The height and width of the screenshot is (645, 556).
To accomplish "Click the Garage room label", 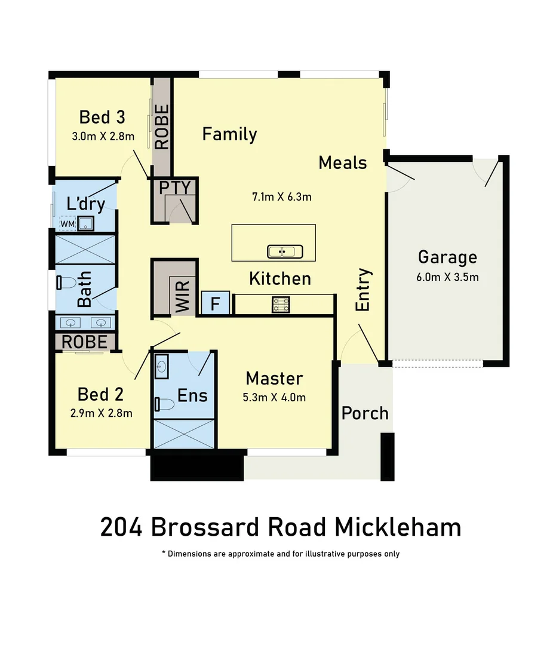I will coord(447,257).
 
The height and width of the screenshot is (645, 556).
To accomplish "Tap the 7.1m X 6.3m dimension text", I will coord(282,196).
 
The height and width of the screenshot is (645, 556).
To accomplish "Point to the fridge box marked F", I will coord(216,303).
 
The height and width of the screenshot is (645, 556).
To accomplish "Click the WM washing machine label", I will coord(67,224).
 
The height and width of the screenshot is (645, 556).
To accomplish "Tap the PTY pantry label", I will coord(174,188).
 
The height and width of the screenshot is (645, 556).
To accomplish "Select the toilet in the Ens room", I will coord(164,404).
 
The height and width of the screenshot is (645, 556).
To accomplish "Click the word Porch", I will coord(364,413).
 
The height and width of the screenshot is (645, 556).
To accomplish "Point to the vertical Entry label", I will coord(363,290).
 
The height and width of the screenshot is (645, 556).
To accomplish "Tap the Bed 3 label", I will coord(102,116).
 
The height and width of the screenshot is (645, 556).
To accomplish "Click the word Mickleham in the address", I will coord(397,527).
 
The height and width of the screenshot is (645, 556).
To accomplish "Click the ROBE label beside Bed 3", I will coord(162,127).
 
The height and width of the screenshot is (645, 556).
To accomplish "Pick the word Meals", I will coord(342,162).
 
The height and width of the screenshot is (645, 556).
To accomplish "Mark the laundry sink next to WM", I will coord(85,224).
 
